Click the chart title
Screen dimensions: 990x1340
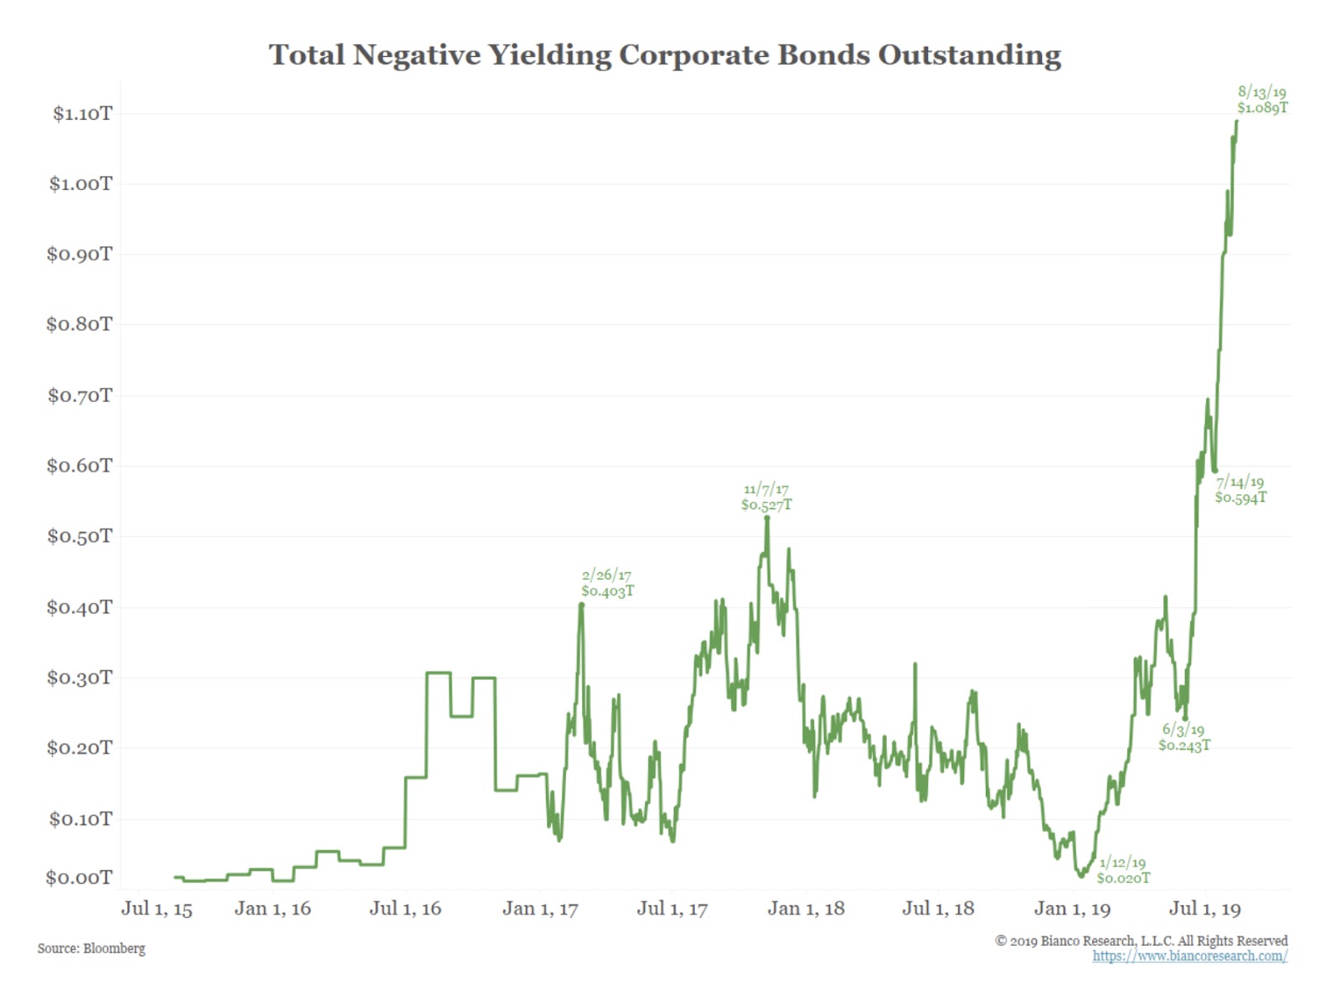(664, 55)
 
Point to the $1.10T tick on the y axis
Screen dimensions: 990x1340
(82, 114)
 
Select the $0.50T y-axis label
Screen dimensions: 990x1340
(80, 536)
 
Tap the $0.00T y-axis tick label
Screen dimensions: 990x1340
(79, 878)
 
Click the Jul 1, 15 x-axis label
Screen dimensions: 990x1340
(157, 909)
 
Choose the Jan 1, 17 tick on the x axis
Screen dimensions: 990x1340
(540, 909)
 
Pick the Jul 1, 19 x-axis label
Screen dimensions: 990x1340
(1204, 909)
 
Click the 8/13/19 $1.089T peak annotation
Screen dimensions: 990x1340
(1262, 100)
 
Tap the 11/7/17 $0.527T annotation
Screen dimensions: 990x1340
(766, 497)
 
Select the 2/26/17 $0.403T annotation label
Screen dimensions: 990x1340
(607, 583)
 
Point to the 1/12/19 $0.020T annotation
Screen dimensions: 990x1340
(1123, 870)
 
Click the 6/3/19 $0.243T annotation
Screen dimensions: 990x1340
(1183, 738)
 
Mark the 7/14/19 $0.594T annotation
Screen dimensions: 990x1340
(1240, 489)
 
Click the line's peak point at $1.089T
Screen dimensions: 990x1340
(1236, 121)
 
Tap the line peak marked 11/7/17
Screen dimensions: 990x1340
(767, 518)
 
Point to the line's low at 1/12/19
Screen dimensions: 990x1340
(1081, 875)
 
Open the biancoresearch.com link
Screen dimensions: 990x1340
(1189, 956)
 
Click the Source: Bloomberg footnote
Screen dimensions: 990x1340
(91, 948)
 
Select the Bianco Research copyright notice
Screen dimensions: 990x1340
(1141, 941)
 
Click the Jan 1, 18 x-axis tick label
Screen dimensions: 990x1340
(806, 909)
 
